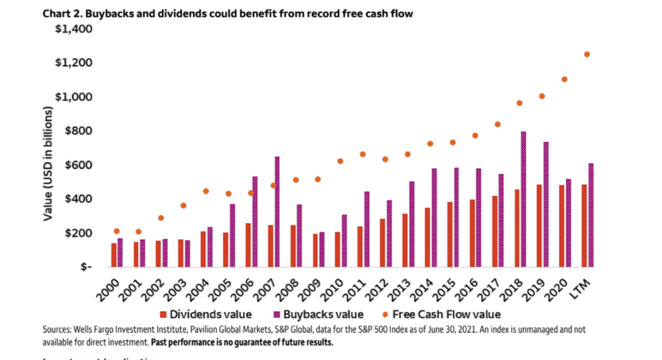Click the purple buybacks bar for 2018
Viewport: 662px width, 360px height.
[x=523, y=199]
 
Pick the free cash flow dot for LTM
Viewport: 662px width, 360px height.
[x=587, y=54]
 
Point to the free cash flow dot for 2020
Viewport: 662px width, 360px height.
[x=564, y=79]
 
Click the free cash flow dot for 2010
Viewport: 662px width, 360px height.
[x=340, y=161]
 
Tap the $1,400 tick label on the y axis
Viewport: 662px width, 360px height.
[x=74, y=29]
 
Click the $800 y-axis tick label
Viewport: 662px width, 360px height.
[x=78, y=131]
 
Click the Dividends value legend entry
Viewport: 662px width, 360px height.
[x=211, y=314]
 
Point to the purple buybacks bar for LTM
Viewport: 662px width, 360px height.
[x=591, y=214]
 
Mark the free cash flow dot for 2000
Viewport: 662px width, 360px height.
[x=117, y=231]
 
